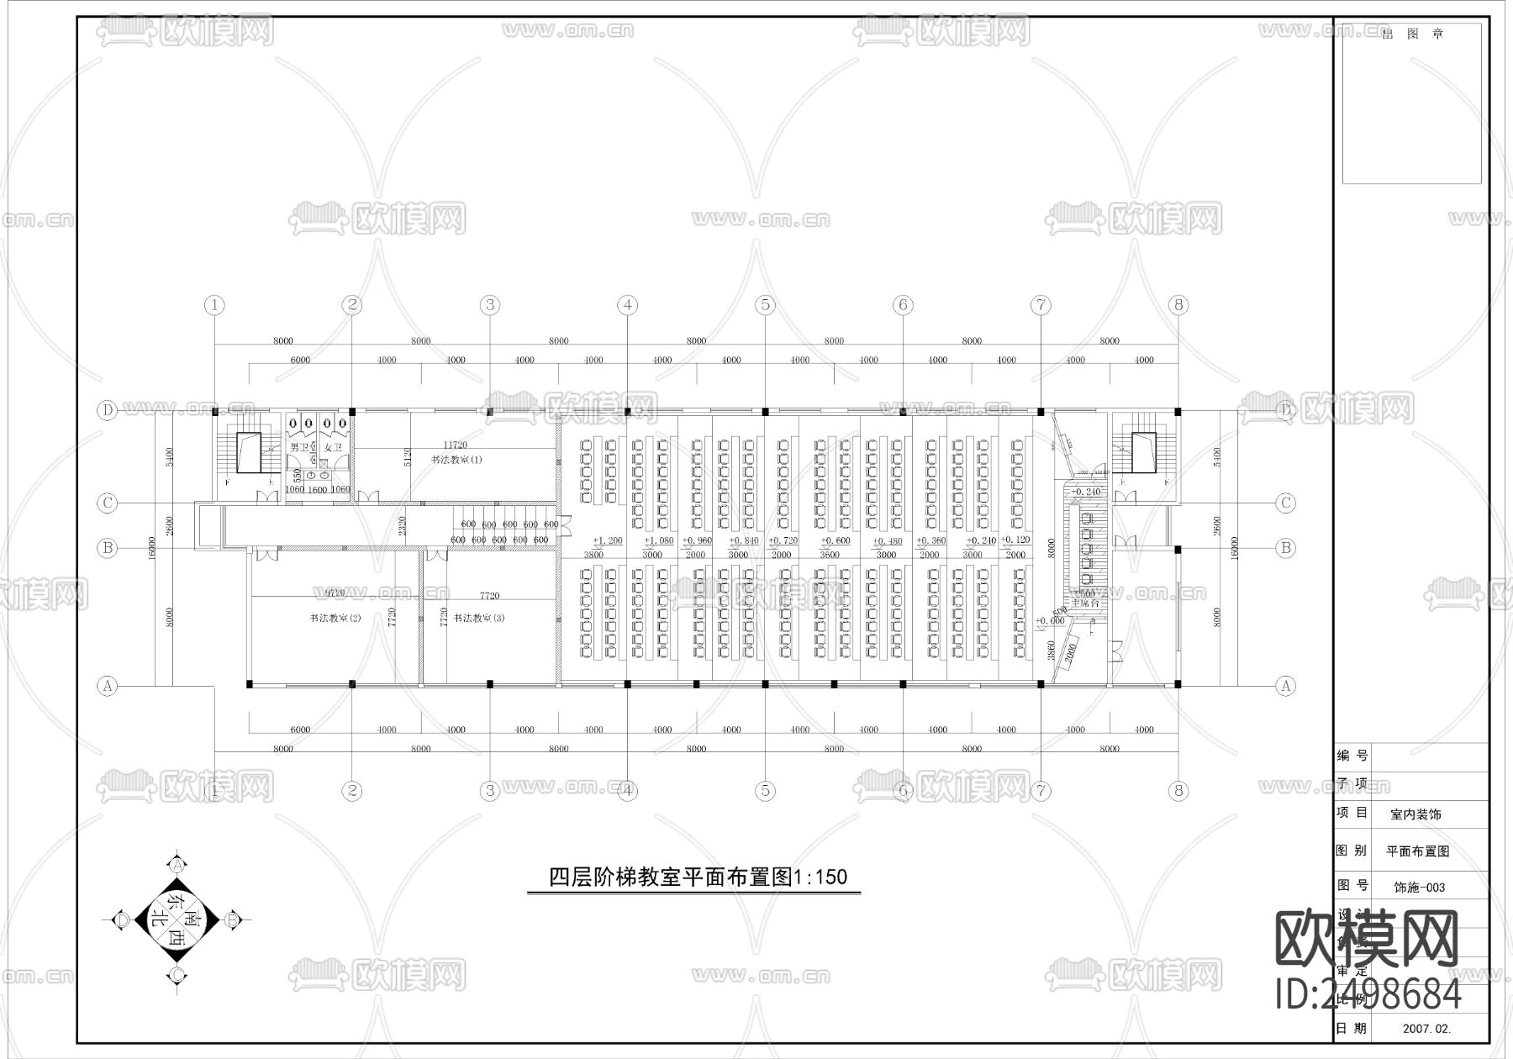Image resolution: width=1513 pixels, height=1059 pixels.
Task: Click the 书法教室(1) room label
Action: tap(456, 460)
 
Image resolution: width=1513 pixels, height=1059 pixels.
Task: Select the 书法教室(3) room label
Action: tap(478, 618)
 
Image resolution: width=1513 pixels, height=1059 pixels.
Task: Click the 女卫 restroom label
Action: tap(333, 448)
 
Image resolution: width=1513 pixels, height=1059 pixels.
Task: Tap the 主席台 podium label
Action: tap(1084, 603)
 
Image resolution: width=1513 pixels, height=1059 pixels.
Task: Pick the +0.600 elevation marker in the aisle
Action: tap(835, 540)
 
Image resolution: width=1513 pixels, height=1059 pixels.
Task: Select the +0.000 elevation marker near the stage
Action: tap(1050, 620)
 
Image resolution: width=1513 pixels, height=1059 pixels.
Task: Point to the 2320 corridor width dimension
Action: tap(403, 527)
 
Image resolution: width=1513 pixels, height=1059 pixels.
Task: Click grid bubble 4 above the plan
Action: tap(627, 305)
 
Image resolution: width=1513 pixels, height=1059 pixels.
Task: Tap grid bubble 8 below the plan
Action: tap(1178, 790)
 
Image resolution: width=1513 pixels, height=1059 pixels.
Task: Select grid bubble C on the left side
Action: tap(108, 503)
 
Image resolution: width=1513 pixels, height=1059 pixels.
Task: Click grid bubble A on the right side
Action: tap(1286, 686)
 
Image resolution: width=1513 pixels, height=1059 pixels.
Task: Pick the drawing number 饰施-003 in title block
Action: tap(1419, 887)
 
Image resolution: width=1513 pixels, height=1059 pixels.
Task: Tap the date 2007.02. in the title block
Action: tap(1426, 1028)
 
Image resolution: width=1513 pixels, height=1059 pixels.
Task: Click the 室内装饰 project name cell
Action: tap(1415, 814)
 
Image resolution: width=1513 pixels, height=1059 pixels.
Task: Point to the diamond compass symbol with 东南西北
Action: tap(177, 920)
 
